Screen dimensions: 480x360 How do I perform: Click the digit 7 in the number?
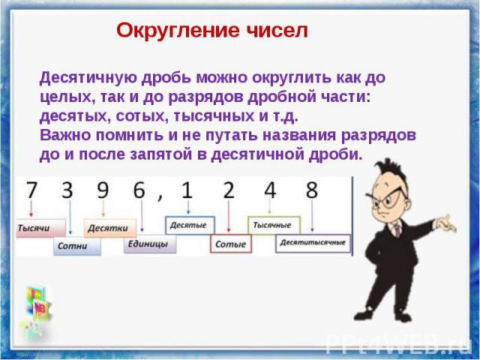tap(31, 190)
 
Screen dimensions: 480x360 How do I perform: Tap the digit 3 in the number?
tap(67, 190)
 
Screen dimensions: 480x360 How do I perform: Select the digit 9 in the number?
tap(103, 190)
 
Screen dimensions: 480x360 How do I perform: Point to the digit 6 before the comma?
tap(139, 190)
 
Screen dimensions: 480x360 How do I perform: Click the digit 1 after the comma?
tap(187, 190)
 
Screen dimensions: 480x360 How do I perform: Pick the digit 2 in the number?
tap(228, 190)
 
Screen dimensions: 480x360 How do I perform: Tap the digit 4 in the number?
tap(270, 190)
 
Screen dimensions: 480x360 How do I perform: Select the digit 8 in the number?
tap(312, 190)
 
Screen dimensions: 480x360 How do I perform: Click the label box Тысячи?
tap(40, 228)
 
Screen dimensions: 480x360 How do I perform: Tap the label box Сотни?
tap(77, 246)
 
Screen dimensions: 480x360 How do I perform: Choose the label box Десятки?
tap(110, 228)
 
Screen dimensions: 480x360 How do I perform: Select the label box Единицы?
tap(150, 244)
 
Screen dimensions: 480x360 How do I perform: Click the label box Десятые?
tap(190, 225)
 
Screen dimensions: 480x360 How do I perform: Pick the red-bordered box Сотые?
tap(231, 244)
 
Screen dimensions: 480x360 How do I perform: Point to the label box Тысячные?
tap(274, 225)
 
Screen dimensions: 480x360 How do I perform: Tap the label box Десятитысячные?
tap(313, 243)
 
